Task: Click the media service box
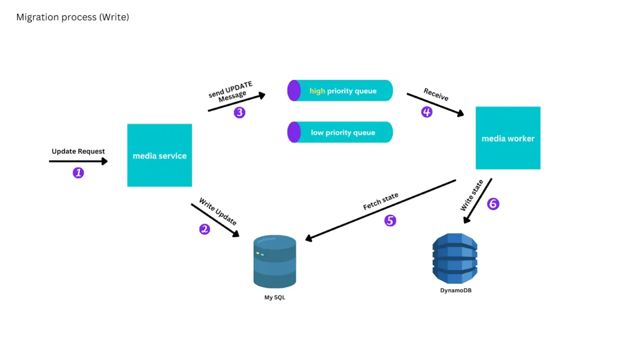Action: click(x=160, y=155)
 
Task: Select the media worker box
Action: click(x=508, y=138)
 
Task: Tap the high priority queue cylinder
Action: click(x=340, y=91)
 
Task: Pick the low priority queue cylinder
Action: click(x=340, y=132)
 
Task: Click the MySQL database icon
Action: click(x=275, y=261)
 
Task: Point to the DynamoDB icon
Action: click(x=455, y=258)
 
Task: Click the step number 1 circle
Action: click(x=78, y=173)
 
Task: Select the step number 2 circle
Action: click(x=205, y=229)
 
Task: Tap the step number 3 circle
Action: click(x=239, y=112)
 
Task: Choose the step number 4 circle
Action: click(x=427, y=112)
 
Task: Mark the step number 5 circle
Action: click(x=390, y=221)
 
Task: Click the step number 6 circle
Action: click(x=493, y=204)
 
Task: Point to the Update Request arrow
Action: click(x=78, y=160)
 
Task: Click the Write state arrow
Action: click(x=478, y=201)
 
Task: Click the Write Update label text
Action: click(x=218, y=211)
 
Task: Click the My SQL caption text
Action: click(x=275, y=297)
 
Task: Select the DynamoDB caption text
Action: click(x=456, y=291)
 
